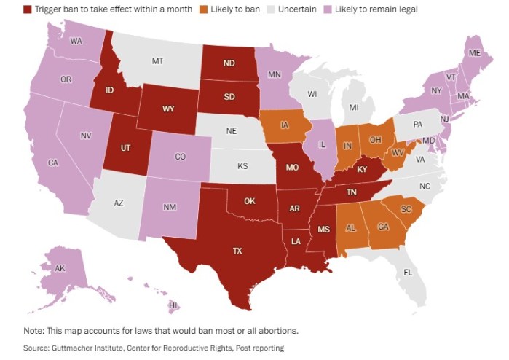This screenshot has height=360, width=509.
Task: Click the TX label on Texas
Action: tap(237, 251)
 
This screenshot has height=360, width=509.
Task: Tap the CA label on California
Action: tap(52, 163)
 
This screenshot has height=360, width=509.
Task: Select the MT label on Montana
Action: tap(157, 62)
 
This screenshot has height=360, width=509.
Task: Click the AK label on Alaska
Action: tap(60, 268)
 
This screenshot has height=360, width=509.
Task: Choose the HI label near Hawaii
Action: tap(174, 305)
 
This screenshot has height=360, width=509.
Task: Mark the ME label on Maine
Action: tap(474, 53)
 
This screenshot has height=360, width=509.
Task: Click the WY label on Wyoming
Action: tap(167, 109)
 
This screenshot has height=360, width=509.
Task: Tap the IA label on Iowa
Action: tap(283, 124)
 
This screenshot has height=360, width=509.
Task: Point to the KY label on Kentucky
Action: tap(360, 170)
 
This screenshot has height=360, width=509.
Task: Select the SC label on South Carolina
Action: tap(406, 209)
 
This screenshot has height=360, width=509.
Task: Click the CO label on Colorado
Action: tap(180, 157)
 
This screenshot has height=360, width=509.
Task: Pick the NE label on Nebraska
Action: tap(231, 132)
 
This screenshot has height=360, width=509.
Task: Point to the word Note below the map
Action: tap(34, 330)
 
